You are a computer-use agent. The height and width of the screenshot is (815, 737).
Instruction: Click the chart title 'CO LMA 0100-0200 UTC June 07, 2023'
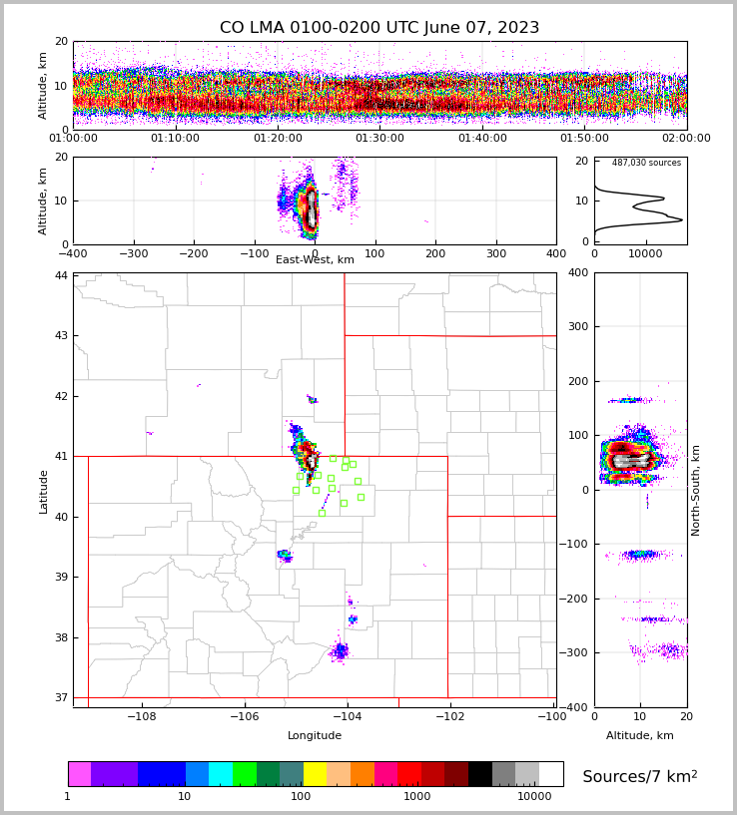pyautogui.click(x=379, y=28)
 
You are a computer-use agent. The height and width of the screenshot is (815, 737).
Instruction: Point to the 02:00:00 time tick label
pyautogui.click(x=686, y=139)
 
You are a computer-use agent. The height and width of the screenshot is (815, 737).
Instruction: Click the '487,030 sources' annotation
pyautogui.click(x=646, y=163)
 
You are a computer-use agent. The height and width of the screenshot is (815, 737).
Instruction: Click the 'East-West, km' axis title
pyautogui.click(x=315, y=260)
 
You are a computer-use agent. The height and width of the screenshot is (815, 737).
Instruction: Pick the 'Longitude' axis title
pyautogui.click(x=315, y=736)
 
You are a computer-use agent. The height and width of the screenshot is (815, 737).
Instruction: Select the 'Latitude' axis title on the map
pyautogui.click(x=44, y=491)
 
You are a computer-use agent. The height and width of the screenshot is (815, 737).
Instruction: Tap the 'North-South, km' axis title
pyautogui.click(x=696, y=490)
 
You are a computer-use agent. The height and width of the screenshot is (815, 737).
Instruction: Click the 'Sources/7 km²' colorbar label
pyautogui.click(x=640, y=776)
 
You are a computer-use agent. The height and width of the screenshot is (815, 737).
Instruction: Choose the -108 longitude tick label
pyautogui.click(x=141, y=717)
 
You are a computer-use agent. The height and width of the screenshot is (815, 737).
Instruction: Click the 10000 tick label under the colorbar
pyautogui.click(x=534, y=797)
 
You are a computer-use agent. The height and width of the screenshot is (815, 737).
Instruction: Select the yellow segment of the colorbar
pyautogui.click(x=315, y=774)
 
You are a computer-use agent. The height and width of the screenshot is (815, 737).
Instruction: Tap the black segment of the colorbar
pyautogui.click(x=480, y=774)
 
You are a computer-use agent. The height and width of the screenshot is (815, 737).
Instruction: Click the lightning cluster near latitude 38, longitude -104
pyautogui.click(x=341, y=651)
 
